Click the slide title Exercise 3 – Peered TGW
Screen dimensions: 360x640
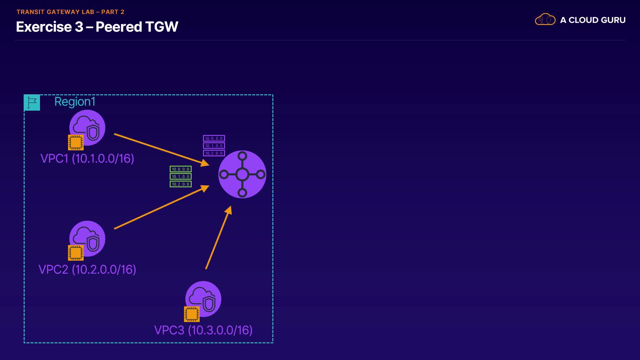(x=97, y=27)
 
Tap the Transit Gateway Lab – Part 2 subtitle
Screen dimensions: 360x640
(x=70, y=12)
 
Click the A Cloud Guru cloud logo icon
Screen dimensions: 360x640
(x=545, y=20)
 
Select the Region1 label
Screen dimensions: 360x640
(x=75, y=102)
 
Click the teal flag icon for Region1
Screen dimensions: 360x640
(x=32, y=103)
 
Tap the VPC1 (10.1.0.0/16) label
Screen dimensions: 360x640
(x=87, y=158)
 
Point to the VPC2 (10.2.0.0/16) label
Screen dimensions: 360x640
(x=87, y=269)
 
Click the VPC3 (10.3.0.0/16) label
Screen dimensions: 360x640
(x=203, y=330)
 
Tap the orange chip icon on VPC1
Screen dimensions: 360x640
(x=76, y=142)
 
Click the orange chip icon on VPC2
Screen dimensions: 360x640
(x=76, y=253)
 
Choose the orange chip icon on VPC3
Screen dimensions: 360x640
(x=192, y=314)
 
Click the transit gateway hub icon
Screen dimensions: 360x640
(x=242, y=174)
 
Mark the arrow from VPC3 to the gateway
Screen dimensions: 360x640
(x=218, y=238)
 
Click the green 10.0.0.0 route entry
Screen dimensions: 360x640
(x=181, y=169)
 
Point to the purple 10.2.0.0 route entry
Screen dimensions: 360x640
(x=214, y=153)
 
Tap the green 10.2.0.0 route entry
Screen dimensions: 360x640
(x=181, y=184)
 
